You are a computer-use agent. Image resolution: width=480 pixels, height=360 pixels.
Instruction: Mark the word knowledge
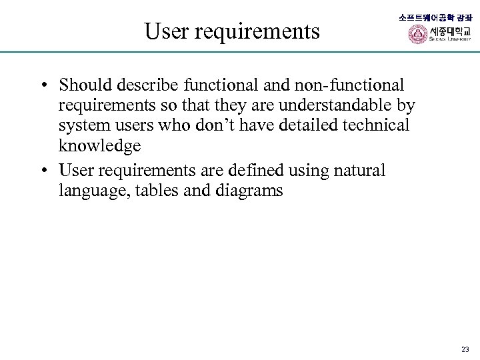pos(99,145)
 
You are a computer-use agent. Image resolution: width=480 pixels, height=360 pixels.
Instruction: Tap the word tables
pos(152,191)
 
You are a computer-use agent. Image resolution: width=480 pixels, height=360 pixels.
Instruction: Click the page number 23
pos(465,349)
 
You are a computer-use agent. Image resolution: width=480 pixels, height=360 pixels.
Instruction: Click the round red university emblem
pos(418,34)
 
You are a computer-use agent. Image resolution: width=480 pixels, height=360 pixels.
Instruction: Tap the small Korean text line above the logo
pos(435,17)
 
